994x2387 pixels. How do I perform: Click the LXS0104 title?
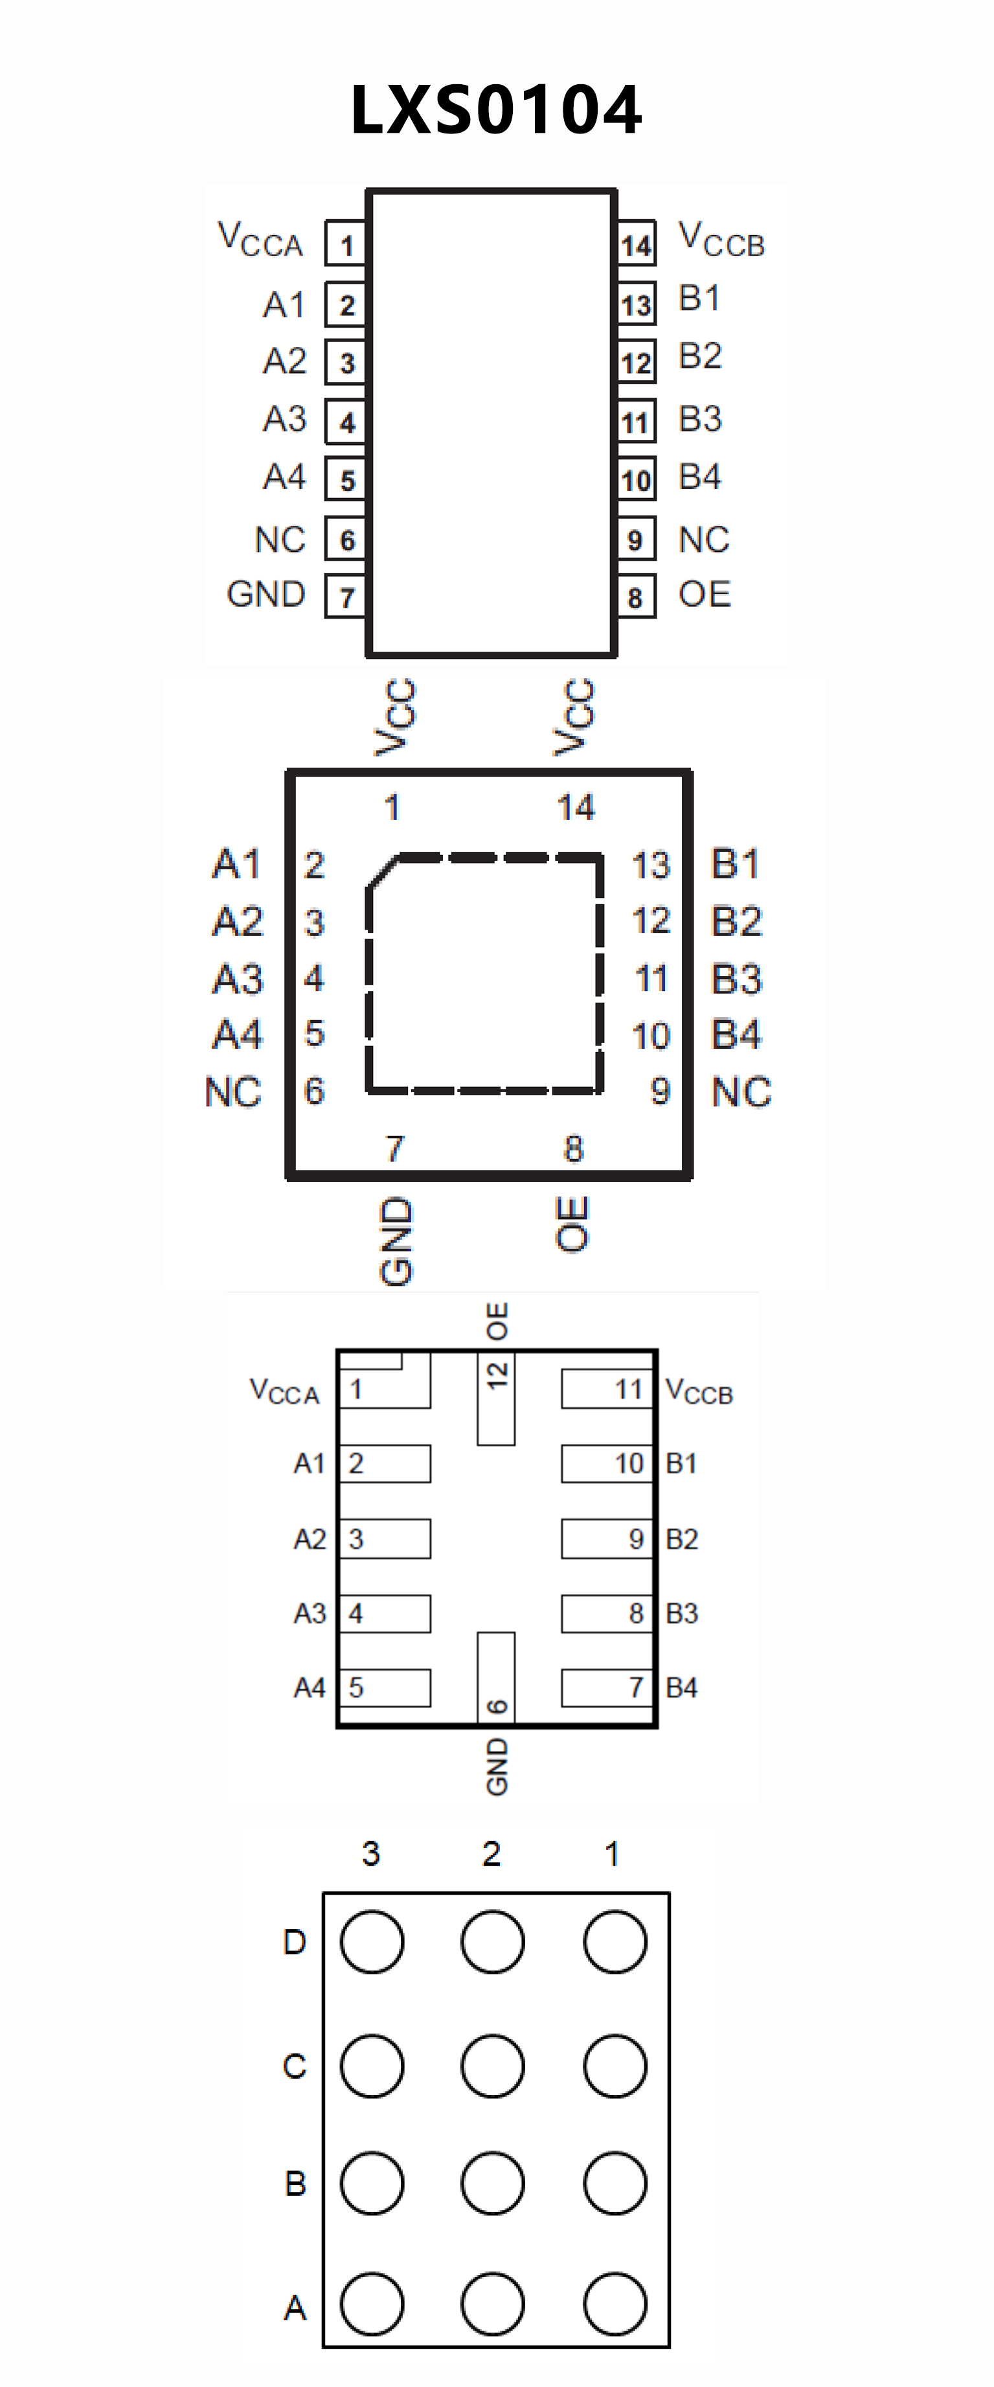click(497, 110)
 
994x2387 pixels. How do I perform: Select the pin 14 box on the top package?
click(637, 245)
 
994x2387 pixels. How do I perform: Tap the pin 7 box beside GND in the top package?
click(346, 597)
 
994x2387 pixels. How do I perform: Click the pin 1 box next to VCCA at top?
click(346, 245)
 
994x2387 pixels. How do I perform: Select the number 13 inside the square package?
click(650, 865)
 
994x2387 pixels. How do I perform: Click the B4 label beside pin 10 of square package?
click(736, 1034)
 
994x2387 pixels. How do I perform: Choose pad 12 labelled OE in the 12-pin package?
click(495, 1399)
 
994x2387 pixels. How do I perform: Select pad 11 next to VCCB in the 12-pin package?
click(607, 1389)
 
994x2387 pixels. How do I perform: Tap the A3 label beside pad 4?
click(310, 1614)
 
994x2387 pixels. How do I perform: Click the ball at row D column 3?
click(372, 1941)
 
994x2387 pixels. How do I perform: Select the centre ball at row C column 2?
click(492, 2066)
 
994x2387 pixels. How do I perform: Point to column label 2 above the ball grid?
click(491, 1853)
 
